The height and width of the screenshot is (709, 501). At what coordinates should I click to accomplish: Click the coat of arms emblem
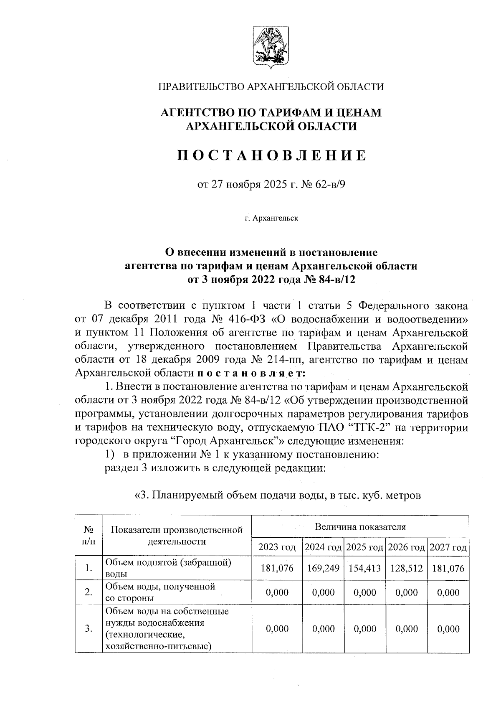click(x=271, y=47)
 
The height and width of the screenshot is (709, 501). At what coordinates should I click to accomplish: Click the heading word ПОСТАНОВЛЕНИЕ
click(x=271, y=155)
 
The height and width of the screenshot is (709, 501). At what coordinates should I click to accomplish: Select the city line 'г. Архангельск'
click(x=271, y=218)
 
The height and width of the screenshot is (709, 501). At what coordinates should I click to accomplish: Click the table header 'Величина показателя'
click(x=360, y=526)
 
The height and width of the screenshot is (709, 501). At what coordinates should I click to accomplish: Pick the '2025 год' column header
click(x=364, y=547)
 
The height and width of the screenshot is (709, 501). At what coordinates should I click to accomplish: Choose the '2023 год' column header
click(x=277, y=547)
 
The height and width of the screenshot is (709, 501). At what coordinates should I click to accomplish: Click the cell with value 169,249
click(x=323, y=568)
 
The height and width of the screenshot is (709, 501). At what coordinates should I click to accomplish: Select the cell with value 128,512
click(x=406, y=568)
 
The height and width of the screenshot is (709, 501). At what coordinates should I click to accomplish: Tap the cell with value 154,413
click(x=364, y=568)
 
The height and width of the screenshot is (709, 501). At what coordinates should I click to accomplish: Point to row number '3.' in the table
click(x=88, y=629)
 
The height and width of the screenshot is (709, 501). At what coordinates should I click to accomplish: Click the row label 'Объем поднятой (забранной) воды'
click(x=168, y=568)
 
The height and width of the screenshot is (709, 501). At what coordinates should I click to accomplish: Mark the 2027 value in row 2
click(x=448, y=592)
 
